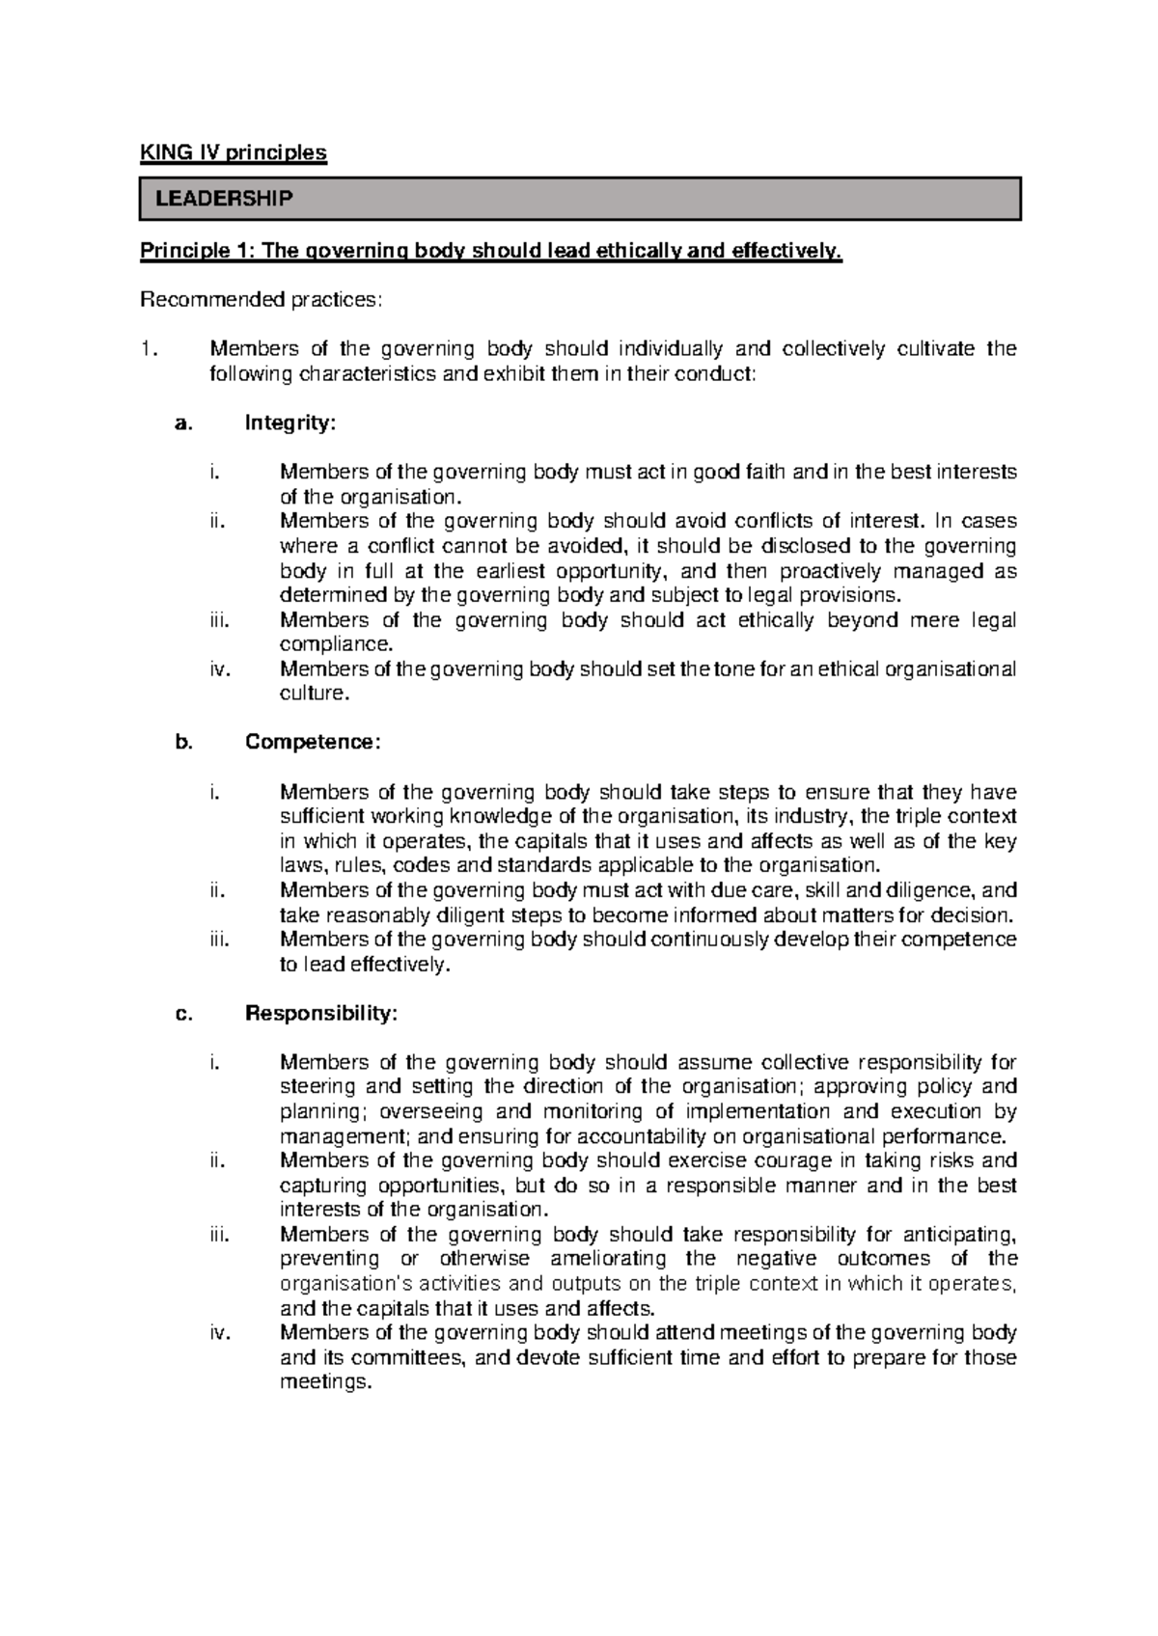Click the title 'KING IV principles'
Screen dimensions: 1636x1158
(x=234, y=152)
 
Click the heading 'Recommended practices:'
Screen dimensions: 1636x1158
(x=262, y=300)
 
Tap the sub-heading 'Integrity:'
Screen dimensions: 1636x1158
(x=290, y=423)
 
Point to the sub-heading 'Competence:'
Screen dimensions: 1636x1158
(x=313, y=742)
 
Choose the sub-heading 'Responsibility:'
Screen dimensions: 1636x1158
(x=320, y=1013)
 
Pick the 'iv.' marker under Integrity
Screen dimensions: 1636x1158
(x=220, y=668)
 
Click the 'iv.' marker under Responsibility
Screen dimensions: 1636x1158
(x=220, y=1333)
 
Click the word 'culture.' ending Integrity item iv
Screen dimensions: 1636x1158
(x=312, y=694)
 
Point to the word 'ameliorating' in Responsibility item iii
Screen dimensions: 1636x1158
(x=607, y=1259)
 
